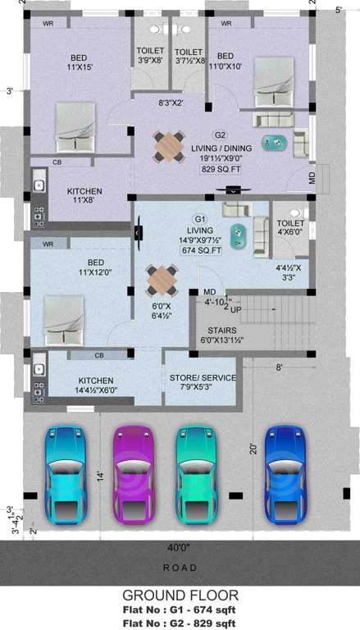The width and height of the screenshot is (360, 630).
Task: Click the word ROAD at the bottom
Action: [x=180, y=567]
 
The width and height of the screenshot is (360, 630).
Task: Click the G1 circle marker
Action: [x=199, y=218]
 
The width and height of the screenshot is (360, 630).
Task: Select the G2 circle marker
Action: [x=220, y=135]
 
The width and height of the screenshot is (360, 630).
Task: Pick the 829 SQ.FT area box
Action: [x=219, y=169]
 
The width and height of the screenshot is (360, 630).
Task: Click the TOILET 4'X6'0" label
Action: [x=290, y=227]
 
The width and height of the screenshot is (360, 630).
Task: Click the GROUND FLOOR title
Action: [x=180, y=595]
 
